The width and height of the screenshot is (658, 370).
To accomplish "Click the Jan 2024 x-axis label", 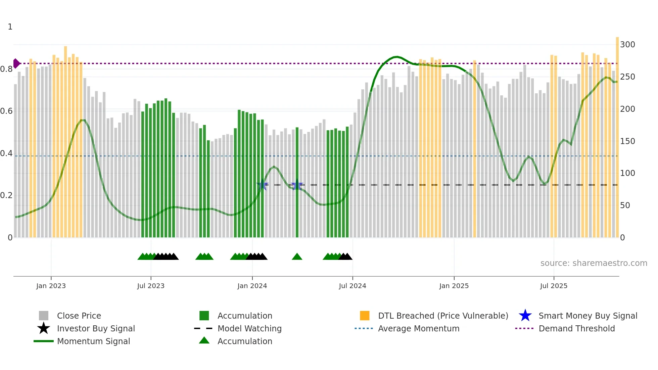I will (x=252, y=286).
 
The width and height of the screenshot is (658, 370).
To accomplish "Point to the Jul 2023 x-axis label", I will (x=151, y=286).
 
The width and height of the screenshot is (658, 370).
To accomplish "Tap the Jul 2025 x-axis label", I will (x=554, y=286).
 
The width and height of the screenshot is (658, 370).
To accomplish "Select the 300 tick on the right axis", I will (x=627, y=45).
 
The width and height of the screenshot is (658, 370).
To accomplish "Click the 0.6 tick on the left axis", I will (x=6, y=111).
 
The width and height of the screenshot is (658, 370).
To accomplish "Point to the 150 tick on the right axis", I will (x=627, y=141).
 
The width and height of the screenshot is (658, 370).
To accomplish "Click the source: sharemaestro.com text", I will (x=594, y=263).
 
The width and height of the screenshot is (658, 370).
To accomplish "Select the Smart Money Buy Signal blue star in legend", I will (x=525, y=316).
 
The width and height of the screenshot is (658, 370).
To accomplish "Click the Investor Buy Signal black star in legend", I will (x=44, y=328).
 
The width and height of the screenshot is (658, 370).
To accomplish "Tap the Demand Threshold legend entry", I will (x=576, y=328).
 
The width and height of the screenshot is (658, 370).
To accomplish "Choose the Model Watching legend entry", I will (x=249, y=328).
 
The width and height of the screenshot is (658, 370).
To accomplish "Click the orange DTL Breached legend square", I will (x=365, y=316).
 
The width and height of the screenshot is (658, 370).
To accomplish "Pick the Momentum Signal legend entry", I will (x=93, y=341).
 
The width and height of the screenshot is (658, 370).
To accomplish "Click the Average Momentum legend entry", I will (x=418, y=328).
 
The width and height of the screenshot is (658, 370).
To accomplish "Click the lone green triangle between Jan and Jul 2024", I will (x=297, y=257).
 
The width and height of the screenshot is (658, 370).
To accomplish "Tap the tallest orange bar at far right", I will (x=617, y=134).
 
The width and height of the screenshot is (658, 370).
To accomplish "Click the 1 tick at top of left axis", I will (x=10, y=27).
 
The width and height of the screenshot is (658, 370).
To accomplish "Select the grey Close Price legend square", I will (x=44, y=316).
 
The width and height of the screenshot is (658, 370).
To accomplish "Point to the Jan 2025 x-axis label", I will (x=454, y=286).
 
